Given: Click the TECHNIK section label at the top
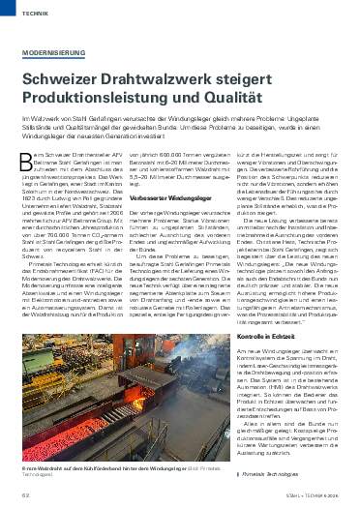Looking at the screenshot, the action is [32, 15].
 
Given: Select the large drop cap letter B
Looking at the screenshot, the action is [29, 164].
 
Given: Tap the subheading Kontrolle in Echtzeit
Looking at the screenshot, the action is [269, 360].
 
